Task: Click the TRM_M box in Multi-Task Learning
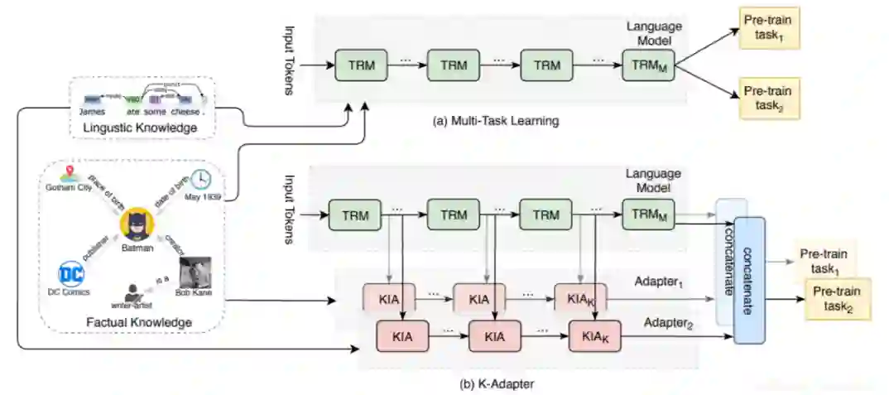click(648, 65)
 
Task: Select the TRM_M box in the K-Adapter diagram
click(648, 215)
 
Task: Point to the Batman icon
click(134, 223)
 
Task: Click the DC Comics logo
click(71, 272)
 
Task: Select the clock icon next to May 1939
click(200, 180)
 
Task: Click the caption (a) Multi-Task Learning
click(497, 121)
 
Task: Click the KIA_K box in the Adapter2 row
click(595, 337)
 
